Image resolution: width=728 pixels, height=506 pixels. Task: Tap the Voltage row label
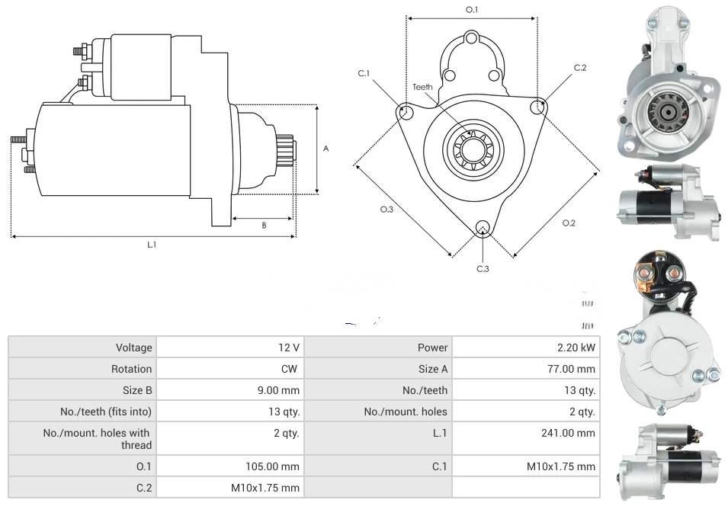[x=134, y=347]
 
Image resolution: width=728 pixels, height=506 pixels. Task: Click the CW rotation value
[x=291, y=369]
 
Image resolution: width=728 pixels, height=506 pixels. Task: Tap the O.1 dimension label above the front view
[x=472, y=9]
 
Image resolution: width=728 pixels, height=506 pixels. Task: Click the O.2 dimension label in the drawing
[x=569, y=223]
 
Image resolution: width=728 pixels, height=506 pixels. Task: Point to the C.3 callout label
[x=483, y=268]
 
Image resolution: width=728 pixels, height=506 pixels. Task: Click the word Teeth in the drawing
[x=422, y=87]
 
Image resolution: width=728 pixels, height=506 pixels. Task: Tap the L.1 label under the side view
[x=152, y=245]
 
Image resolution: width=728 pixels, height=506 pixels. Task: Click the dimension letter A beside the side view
[x=326, y=149]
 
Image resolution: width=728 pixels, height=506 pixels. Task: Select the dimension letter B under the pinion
[x=264, y=225]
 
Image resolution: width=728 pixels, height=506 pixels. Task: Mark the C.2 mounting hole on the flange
[x=538, y=107]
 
